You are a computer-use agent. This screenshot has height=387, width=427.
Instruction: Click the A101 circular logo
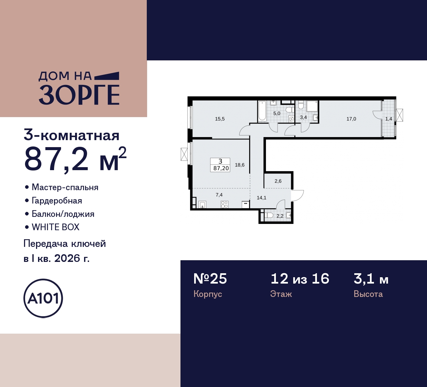(43, 298)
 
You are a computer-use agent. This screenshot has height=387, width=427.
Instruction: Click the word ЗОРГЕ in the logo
(79, 95)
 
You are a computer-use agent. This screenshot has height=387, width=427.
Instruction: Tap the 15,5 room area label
(220, 119)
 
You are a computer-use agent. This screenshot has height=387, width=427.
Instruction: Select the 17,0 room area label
(351, 119)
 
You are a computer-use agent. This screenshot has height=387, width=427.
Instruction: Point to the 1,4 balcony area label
(389, 119)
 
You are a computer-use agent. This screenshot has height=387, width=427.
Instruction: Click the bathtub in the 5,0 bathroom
(262, 111)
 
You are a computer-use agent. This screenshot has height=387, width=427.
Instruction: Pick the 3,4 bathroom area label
(303, 117)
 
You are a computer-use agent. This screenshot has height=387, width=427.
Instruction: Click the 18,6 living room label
(240, 165)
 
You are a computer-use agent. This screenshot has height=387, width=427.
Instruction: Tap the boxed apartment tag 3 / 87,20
(221, 165)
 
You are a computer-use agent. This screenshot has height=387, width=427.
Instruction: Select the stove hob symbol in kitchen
(224, 204)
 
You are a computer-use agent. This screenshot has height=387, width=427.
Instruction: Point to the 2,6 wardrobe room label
(278, 181)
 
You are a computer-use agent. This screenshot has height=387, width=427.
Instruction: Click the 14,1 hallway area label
(262, 198)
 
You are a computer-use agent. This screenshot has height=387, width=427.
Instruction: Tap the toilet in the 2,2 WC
(269, 216)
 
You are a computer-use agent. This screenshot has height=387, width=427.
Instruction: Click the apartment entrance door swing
(297, 195)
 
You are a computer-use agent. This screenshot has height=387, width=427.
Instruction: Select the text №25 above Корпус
(210, 279)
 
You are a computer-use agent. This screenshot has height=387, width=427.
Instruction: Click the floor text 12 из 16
(300, 279)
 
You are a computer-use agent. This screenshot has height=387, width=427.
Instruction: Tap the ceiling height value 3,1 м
(371, 279)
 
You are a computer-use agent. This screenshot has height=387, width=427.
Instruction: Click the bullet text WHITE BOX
(55, 227)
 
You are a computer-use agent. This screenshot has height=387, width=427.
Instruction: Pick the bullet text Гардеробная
(57, 201)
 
